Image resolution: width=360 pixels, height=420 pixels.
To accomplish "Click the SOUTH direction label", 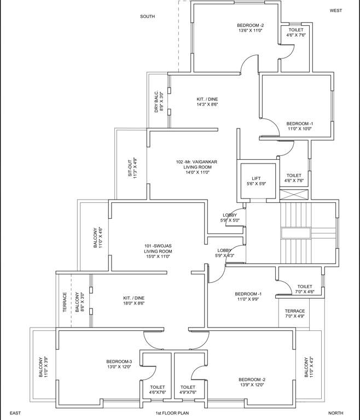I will coord(147,16).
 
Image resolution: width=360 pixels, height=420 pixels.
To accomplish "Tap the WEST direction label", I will coord(335,10).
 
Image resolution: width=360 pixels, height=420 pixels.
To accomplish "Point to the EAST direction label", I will coord(15,413).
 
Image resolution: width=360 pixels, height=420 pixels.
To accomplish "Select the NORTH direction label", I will coord(335,413).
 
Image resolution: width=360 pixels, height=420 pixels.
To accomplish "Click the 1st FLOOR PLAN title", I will coord(172,413).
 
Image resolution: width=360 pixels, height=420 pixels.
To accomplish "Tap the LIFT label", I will coord(257,178).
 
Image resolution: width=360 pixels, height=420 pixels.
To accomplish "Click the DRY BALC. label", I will coord(156,101).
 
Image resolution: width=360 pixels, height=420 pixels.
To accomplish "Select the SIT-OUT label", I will coord(131,167).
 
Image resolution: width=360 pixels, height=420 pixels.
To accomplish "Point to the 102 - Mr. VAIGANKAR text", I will coord(196,162).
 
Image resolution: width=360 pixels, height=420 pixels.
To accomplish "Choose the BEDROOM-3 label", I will coord(119,361).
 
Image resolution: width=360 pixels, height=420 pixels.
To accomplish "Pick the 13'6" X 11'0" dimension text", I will coord(250,31).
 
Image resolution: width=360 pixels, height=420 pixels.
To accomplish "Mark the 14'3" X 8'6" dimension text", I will coord(207,104).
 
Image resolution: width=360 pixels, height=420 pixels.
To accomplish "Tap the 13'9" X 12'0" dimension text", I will coord(252,385).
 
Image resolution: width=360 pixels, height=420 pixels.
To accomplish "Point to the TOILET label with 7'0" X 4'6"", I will coord(305,287).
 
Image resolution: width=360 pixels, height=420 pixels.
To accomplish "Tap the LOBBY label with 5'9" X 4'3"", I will coord(224,250).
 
